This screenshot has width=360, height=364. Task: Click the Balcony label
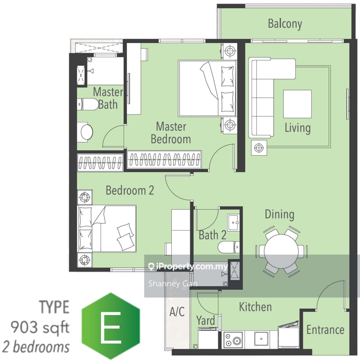pyautogui.click(x=285, y=24)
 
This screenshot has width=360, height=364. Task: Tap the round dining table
pyautogui.click(x=281, y=252)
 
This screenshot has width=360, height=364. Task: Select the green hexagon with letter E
pyautogui.click(x=111, y=326)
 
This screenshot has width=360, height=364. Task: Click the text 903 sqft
pyautogui.click(x=40, y=327)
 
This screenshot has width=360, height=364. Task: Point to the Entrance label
pyautogui.click(x=325, y=330)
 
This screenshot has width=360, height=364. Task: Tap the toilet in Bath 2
pyautogui.click(x=229, y=247)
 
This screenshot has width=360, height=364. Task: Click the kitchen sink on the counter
pyautogui.click(x=261, y=339)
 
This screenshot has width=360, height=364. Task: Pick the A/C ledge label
pyautogui.click(x=177, y=311)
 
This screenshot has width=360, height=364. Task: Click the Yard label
pyautogui.click(x=206, y=321)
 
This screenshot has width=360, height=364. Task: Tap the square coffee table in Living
pyautogui.click(x=297, y=104)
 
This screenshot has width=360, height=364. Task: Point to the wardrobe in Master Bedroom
pyautogui.click(x=164, y=160)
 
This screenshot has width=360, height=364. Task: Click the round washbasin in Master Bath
pyautogui.click(x=86, y=132)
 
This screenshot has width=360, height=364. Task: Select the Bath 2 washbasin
pyautogui.click(x=233, y=222)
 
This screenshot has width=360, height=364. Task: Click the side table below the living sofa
pyautogui.click(x=259, y=148)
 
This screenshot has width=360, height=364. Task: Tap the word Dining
pyautogui.click(x=280, y=214)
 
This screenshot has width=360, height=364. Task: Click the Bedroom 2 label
pyautogui.click(x=130, y=190)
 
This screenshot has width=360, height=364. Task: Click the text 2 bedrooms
pyautogui.click(x=36, y=347)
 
